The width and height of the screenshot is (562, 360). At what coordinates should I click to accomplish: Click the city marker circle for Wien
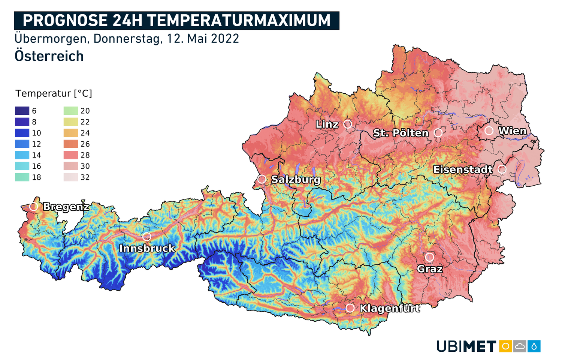(489, 130)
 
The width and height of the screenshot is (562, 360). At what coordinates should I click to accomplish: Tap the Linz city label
(327, 124)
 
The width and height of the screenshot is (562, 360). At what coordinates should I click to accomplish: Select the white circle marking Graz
(429, 257)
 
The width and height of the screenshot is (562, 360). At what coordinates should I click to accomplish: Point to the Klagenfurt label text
(390, 308)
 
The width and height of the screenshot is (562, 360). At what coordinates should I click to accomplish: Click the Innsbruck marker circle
(146, 237)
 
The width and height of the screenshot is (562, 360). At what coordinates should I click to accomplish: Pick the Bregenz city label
(66, 207)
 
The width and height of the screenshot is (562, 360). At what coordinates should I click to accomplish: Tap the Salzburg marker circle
(262, 179)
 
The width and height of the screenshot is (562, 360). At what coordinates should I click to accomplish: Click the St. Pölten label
(401, 133)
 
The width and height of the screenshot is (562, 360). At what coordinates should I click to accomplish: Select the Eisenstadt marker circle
(502, 169)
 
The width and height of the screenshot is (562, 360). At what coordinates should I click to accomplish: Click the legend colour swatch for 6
(22, 111)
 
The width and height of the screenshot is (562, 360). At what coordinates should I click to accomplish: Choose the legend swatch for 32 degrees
(71, 177)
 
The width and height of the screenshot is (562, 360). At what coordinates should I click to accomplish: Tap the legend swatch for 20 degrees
(71, 111)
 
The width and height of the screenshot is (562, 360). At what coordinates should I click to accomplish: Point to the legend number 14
(36, 155)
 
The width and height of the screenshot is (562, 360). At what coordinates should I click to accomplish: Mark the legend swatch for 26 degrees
(71, 144)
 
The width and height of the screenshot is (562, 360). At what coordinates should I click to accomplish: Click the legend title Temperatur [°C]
(54, 93)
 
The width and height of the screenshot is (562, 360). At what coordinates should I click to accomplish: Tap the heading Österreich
(49, 56)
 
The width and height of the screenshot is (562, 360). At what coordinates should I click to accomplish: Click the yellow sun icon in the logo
(505, 346)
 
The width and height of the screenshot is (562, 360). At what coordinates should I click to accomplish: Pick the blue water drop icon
(534, 346)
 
